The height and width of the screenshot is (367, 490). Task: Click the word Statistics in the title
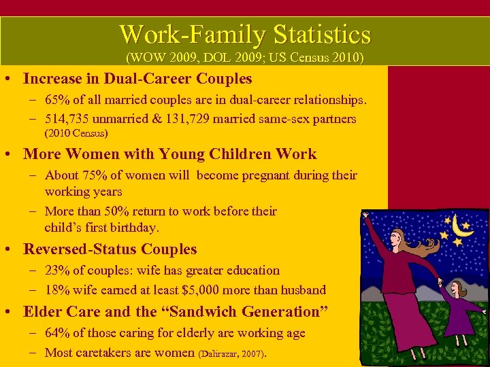(x=322, y=34)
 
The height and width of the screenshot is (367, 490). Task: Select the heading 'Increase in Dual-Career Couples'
(x=137, y=79)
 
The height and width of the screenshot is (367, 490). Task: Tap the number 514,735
(x=71, y=119)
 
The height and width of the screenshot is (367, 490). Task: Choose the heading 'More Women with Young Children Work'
(x=169, y=154)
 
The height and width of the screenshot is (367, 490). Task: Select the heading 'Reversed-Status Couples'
(x=110, y=249)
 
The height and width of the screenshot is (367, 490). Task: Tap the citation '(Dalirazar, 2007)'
(x=231, y=353)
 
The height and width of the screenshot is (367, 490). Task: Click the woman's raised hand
(x=366, y=217)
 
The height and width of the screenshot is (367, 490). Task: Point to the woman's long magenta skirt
(x=412, y=319)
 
